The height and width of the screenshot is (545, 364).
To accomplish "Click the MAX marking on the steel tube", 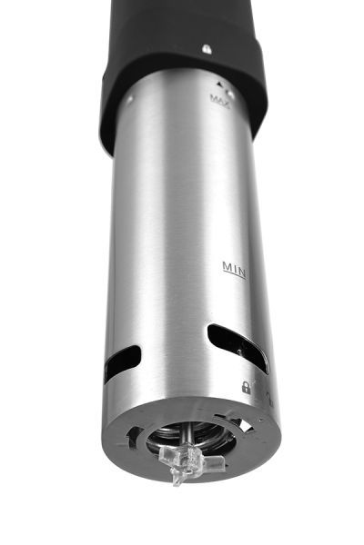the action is [x=220, y=100].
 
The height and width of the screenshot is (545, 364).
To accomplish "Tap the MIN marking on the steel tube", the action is [x=234, y=269].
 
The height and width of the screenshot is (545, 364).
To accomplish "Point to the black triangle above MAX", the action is [x=219, y=84].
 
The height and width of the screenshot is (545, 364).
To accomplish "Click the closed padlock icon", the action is [x=246, y=387].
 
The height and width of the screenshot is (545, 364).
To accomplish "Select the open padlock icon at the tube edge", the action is [x=269, y=400].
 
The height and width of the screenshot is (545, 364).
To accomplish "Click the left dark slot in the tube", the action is [x=122, y=364].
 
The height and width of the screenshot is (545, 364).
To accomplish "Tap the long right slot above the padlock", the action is [x=238, y=348].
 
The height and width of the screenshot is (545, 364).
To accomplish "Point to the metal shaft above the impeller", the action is [x=187, y=433].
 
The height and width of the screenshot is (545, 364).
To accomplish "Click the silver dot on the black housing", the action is [x=207, y=49].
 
